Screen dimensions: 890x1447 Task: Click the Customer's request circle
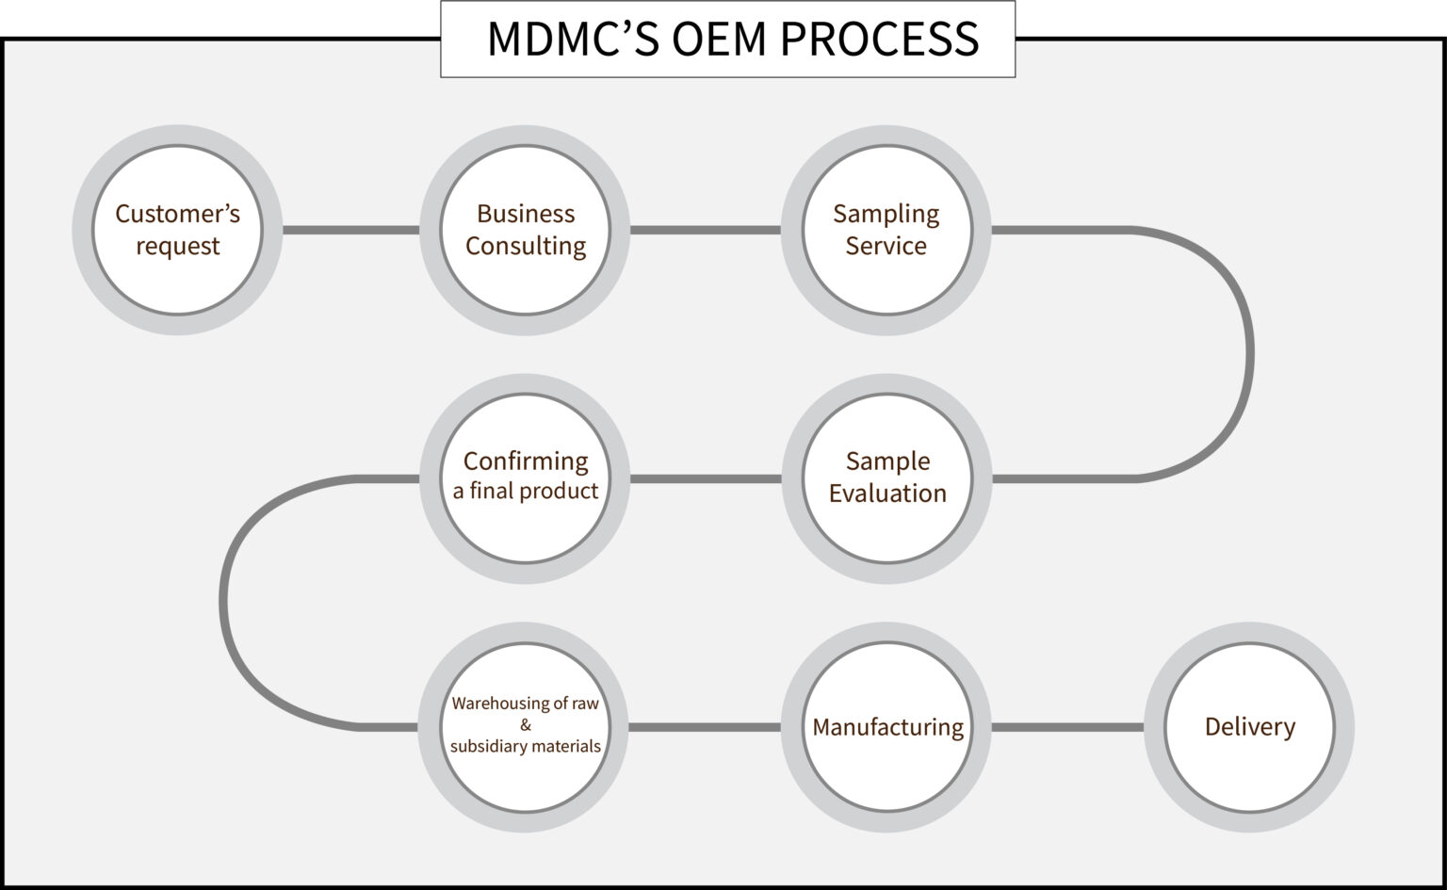(177, 230)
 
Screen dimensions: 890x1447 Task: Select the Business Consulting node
(525, 230)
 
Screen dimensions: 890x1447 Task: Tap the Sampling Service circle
(886, 230)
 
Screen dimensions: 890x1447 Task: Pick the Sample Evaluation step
(886, 477)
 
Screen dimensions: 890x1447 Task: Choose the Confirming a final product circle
(525, 477)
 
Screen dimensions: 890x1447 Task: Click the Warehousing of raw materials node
(525, 725)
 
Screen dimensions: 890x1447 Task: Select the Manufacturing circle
(886, 726)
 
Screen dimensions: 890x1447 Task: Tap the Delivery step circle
(1249, 726)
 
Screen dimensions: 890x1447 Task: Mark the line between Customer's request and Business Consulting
(350, 230)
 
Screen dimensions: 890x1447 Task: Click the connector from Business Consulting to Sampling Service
(705, 230)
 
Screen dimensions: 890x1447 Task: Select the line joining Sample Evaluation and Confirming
(705, 478)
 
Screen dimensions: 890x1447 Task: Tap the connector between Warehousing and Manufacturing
(705, 726)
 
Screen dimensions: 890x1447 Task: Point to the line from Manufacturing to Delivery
(1067, 726)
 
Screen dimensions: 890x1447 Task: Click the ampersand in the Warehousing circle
(525, 725)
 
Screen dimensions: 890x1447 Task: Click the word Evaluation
(887, 494)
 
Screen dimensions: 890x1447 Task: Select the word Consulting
(526, 246)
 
